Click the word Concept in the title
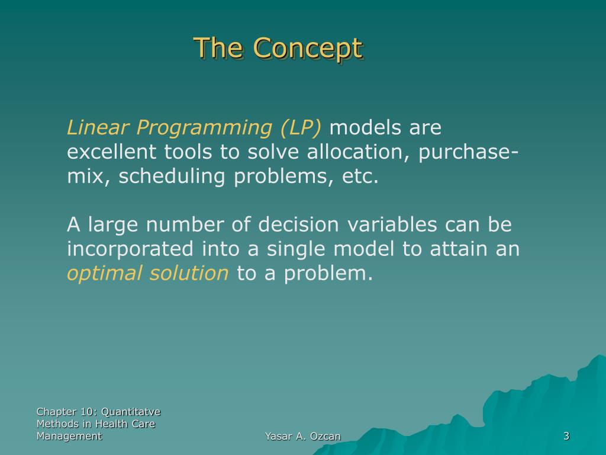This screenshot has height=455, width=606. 308,49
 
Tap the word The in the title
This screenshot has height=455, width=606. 218,47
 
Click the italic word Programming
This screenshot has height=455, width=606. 204,129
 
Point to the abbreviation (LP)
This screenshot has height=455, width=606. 301,128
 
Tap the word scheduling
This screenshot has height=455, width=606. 172,177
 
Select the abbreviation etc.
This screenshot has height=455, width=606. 360,177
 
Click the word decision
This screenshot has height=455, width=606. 298,225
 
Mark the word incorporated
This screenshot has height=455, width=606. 130,249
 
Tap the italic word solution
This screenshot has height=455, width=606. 189,273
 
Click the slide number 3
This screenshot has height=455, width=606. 566,436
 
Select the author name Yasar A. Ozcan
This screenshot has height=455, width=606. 302,437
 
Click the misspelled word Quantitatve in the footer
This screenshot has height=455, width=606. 131,412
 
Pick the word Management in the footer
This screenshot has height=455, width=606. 69,437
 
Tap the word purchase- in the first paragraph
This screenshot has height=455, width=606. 468,152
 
